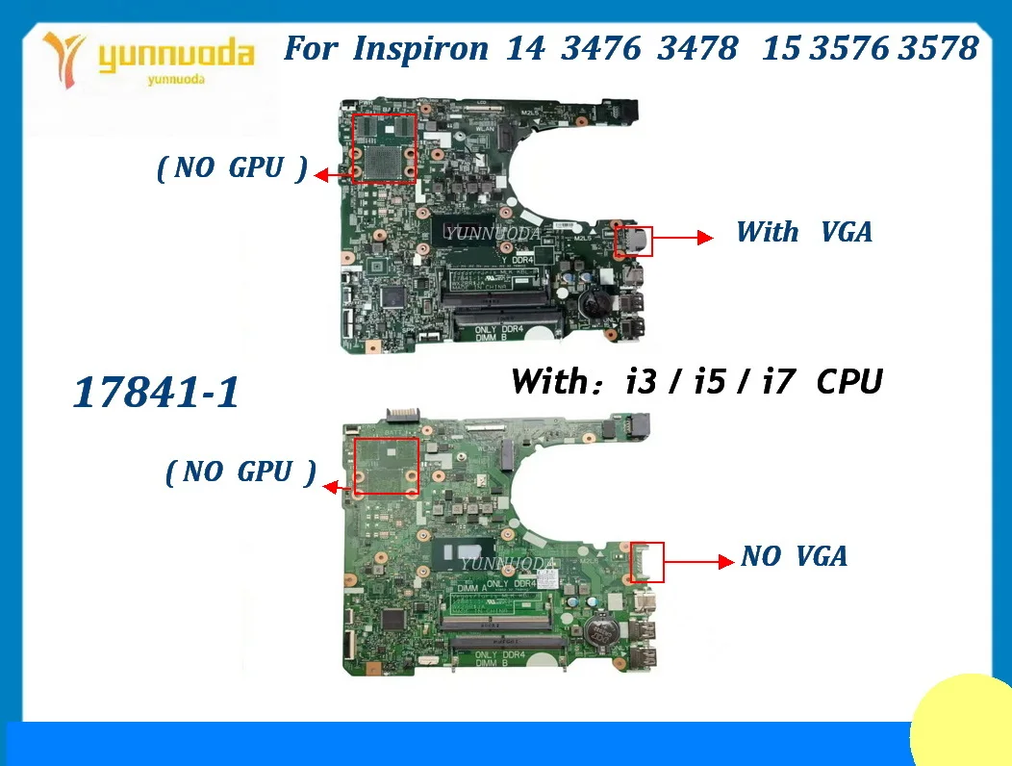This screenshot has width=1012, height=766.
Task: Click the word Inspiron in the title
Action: [419, 49]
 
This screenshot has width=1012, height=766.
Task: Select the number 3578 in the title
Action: [938, 49]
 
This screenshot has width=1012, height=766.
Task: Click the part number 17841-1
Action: [156, 394]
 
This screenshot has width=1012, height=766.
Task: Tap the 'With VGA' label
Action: [804, 232]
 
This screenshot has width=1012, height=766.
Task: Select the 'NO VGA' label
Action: [795, 556]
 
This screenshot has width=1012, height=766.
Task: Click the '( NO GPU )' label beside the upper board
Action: [232, 169]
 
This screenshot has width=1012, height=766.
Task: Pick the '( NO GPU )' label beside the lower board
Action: [240, 472]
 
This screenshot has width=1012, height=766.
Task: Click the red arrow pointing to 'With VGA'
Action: [683, 238]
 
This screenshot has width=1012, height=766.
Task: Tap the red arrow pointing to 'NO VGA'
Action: [694, 559]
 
